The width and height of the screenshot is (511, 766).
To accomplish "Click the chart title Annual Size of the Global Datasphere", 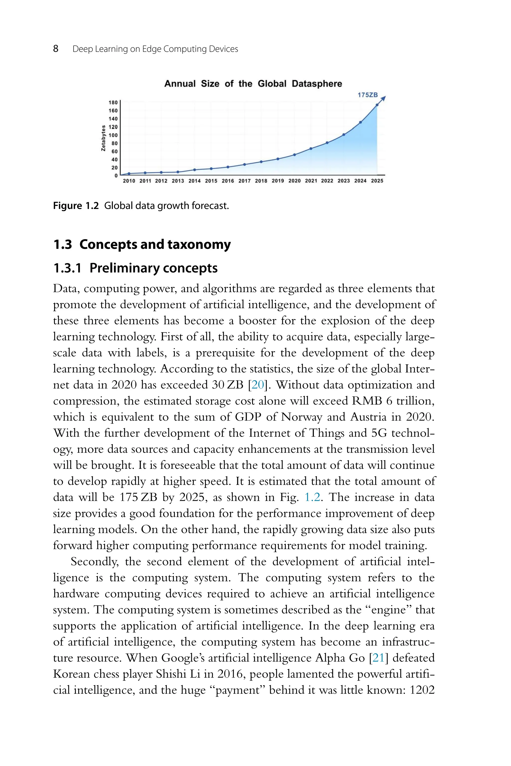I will point(253,84).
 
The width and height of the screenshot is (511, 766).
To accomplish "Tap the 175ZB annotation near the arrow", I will point(367,95).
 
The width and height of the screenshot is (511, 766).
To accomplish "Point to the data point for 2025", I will point(377,105).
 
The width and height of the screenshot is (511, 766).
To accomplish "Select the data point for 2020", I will point(294,155).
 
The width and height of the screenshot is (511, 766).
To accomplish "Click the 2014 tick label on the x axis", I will point(195,181).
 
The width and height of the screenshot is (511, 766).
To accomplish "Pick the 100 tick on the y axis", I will point(113,135).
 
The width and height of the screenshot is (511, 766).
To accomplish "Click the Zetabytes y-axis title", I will point(103,138).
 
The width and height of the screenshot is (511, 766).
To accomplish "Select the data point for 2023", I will point(344,134).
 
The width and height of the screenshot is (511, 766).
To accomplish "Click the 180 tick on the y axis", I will point(113,102).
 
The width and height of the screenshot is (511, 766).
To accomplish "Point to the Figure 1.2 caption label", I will point(76,206).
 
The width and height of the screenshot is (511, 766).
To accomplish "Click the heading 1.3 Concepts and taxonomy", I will point(142,244).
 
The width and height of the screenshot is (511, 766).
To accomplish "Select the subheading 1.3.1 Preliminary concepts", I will point(135,268).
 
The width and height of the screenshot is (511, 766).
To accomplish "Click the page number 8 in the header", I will point(56,49).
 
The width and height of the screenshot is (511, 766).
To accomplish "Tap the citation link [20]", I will point(257,385).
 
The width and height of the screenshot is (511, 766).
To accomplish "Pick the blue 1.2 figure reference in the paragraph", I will point(312,497).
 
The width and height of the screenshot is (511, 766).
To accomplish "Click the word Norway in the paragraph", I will point(301,417).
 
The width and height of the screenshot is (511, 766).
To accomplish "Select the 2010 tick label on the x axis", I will point(129,181).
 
